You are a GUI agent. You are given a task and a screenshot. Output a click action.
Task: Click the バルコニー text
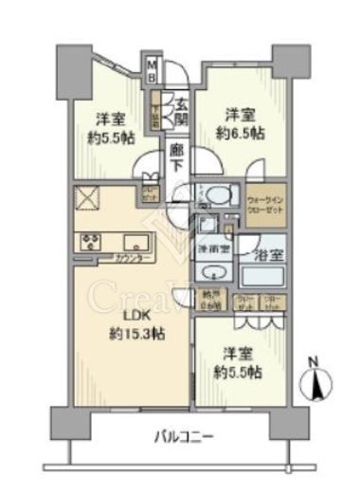click(x=183, y=437)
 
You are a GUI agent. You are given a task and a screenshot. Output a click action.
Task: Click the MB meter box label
click(x=151, y=71)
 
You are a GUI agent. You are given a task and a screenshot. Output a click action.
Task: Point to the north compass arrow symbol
click(x=315, y=383)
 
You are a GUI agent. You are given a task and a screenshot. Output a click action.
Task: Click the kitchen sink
click(x=130, y=240)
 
